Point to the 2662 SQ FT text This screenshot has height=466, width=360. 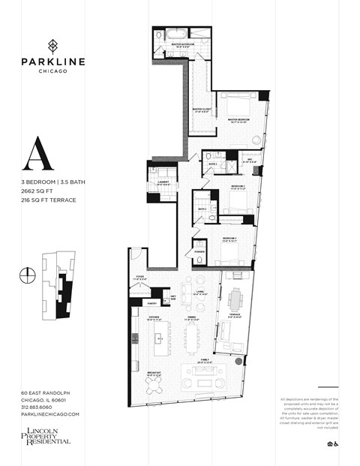38,191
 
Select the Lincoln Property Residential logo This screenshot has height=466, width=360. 45,435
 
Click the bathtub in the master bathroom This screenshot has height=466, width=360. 176,34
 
